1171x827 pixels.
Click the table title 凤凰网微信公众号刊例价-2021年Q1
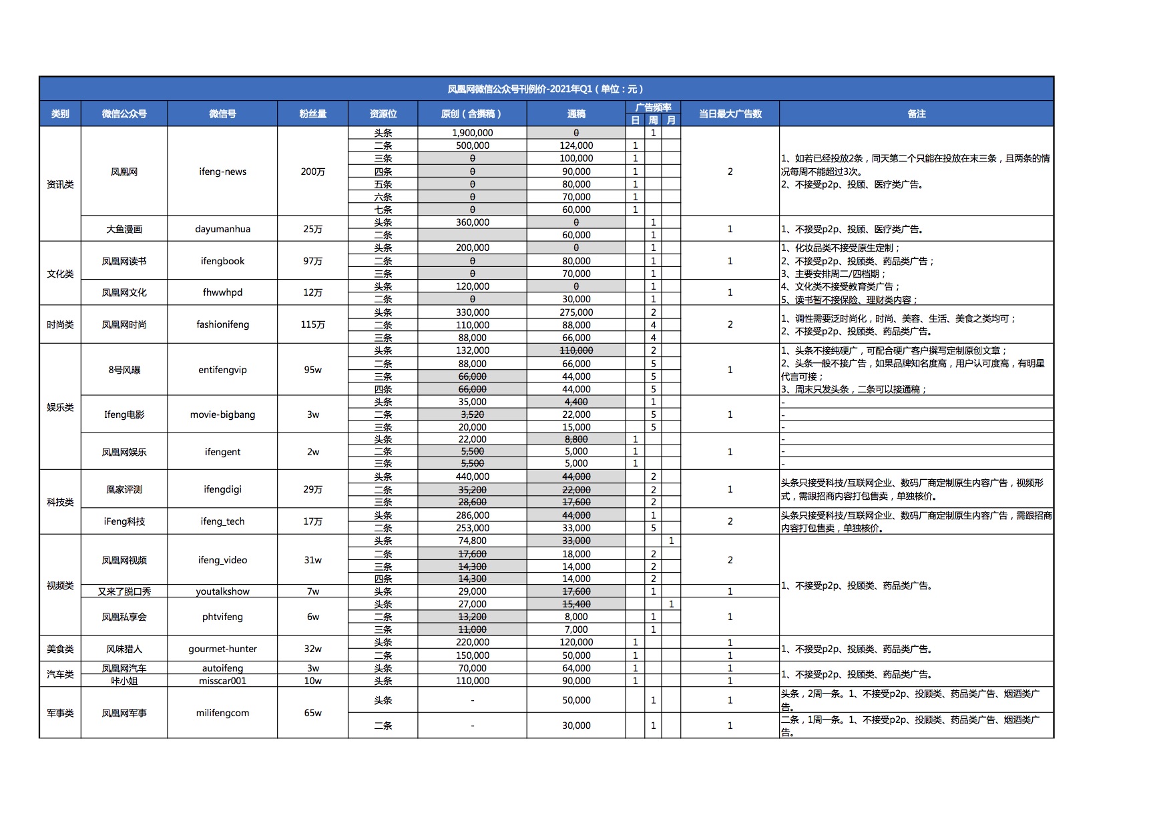[545, 89]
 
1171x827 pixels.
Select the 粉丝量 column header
[312, 114]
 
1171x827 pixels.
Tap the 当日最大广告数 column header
[730, 114]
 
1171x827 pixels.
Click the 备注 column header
[916, 114]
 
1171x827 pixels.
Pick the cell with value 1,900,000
[472, 133]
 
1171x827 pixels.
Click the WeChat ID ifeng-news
[222, 172]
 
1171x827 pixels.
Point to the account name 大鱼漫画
[124, 229]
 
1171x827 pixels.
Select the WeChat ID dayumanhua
[222, 229]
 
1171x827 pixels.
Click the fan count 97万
[312, 261]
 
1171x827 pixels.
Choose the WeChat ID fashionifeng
[222, 324]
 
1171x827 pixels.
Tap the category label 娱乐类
[60, 407]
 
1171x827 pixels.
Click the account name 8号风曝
[124, 370]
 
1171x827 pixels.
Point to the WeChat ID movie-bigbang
[222, 415]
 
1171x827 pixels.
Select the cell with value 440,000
[472, 477]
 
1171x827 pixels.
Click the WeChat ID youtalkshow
[222, 591]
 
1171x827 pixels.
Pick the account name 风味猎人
[124, 649]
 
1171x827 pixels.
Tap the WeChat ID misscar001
[222, 681]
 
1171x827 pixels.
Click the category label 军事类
[60, 713]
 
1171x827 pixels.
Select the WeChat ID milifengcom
[222, 713]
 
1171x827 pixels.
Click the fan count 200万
[312, 172]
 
